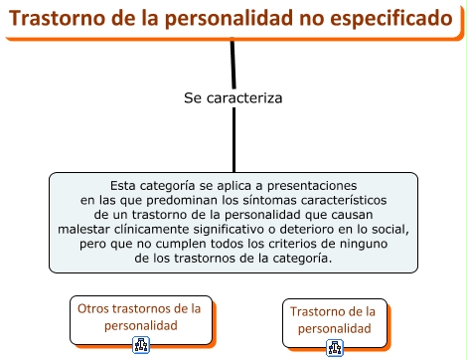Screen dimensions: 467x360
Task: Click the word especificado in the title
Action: pyautogui.click(x=391, y=19)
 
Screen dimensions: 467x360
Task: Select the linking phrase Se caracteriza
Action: pyautogui.click(x=233, y=98)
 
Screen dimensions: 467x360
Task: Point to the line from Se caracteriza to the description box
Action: pyautogui.click(x=233, y=140)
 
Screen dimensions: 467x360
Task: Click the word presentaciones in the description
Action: pyautogui.click(x=312, y=186)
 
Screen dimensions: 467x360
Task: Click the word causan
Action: pyautogui.click(x=352, y=215)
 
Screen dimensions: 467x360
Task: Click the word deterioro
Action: pyautogui.click(x=307, y=230)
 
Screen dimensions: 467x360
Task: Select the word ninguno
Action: pyautogui.click(x=364, y=245)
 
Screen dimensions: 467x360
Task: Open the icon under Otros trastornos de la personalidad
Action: pyautogui.click(x=141, y=345)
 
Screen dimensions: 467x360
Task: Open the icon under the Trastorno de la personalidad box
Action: pyautogui.click(x=335, y=348)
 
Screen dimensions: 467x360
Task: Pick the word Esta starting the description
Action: pyautogui.click(x=123, y=186)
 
